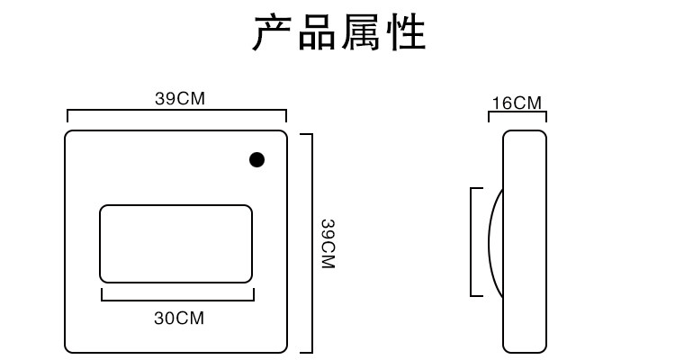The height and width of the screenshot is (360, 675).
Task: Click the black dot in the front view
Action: tap(256, 160)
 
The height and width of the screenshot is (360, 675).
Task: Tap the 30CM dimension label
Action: tap(179, 319)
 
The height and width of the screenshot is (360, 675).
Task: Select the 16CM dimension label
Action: tap(517, 103)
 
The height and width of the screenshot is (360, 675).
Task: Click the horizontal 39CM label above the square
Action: tap(180, 99)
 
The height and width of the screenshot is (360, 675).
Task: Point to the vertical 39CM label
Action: tap(328, 243)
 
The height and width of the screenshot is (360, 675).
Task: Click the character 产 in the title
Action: tap(274, 33)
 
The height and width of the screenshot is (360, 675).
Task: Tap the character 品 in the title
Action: tap(318, 33)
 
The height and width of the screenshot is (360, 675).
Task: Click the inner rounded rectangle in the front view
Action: tap(175, 243)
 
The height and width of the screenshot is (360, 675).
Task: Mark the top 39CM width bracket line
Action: tap(176, 112)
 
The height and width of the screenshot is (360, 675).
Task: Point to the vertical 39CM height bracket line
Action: tap(310, 243)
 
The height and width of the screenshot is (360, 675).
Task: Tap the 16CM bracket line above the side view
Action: tap(518, 113)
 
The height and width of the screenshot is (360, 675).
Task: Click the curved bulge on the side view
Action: tap(494, 241)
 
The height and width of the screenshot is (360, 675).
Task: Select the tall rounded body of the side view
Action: tap(525, 241)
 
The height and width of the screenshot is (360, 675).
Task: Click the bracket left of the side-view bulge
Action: tap(472, 241)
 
